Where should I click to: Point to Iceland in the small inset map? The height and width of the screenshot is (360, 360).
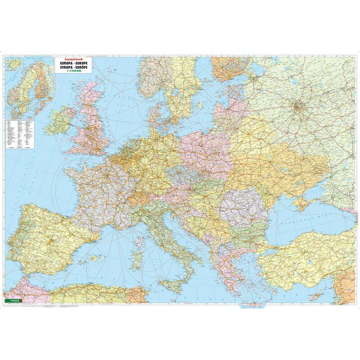tap(12, 63)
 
